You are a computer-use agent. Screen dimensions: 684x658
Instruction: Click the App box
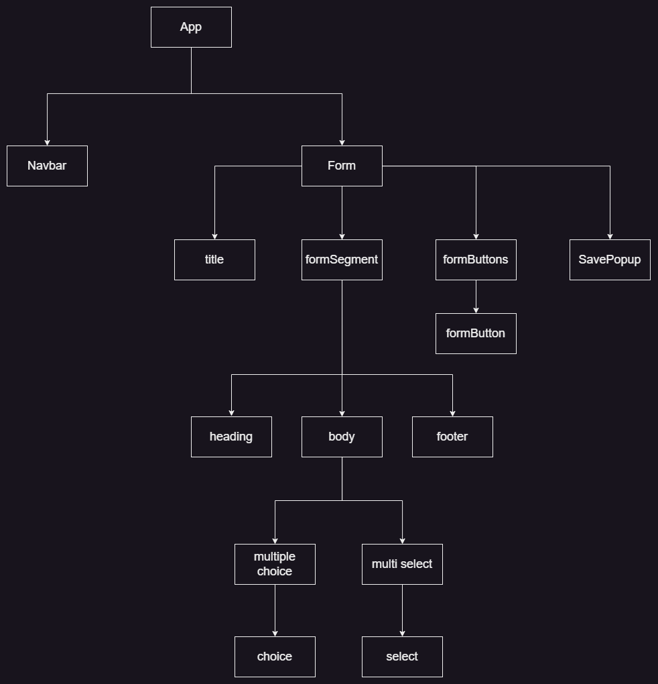tap(191, 27)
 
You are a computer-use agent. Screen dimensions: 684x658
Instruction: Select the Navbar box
tap(47, 166)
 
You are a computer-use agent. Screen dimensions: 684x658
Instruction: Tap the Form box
tap(342, 166)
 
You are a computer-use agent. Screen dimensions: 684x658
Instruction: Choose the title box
tap(214, 260)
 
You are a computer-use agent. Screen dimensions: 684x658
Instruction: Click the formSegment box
tap(342, 260)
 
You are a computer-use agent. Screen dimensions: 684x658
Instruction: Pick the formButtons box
tap(476, 260)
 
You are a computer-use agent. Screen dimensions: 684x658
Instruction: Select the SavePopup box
tap(610, 260)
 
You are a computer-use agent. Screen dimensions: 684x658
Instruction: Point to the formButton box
tap(476, 333)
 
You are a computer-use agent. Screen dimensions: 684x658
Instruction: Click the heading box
tap(231, 437)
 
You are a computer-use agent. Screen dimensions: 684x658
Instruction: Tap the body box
tap(342, 437)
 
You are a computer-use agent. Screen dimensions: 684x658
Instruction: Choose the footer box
tap(452, 437)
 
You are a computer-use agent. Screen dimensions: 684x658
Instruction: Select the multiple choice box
tap(275, 564)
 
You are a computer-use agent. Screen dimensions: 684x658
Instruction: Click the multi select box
tap(402, 564)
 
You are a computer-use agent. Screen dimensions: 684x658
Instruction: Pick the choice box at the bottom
tap(275, 657)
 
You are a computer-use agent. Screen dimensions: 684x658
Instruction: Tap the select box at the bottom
tap(402, 657)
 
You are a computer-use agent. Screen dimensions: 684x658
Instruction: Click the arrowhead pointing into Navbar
tap(47, 141)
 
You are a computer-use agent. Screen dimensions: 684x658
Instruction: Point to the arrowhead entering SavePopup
tap(610, 235)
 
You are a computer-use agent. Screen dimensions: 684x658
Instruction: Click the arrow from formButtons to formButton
tap(476, 296)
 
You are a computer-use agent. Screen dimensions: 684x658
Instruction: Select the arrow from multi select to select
tap(402, 610)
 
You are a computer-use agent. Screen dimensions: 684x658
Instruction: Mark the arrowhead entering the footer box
tap(452, 412)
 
